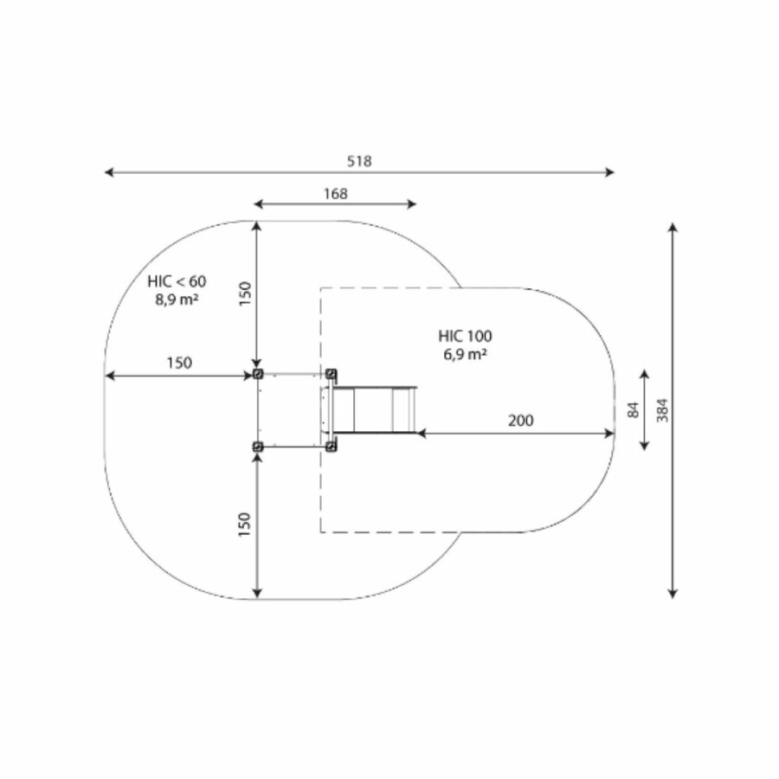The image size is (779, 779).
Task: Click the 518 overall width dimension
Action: click(359, 162)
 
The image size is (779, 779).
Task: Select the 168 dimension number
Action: click(335, 194)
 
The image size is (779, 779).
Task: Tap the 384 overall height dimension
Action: click(662, 410)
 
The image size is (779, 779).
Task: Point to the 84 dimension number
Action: click(633, 410)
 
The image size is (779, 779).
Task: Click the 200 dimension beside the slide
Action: click(521, 421)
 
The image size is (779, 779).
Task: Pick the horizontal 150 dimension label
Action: click(179, 364)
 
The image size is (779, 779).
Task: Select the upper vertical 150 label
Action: click(245, 293)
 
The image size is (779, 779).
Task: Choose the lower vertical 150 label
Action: click(244, 525)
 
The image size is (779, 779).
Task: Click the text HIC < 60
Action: click(177, 281)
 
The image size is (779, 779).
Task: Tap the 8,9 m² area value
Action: click(177, 299)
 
